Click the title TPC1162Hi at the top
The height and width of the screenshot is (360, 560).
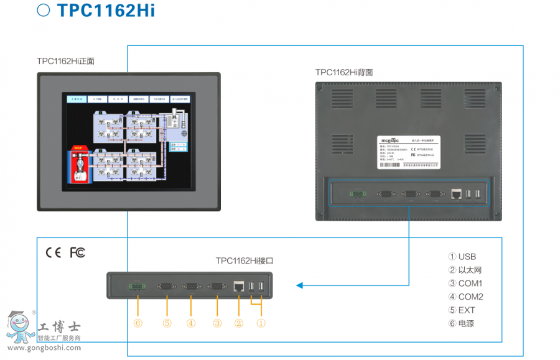click(105, 11)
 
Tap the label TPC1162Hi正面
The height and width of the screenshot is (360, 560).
click(65, 61)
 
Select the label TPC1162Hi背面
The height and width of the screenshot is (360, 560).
click(344, 72)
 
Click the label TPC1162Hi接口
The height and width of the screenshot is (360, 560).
click(245, 261)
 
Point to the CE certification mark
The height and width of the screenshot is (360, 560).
click(54, 252)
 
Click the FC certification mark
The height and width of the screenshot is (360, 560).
click(77, 252)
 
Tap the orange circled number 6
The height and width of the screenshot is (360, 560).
click(138, 323)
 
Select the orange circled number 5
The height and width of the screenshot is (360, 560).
click(167, 323)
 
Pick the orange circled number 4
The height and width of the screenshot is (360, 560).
click(191, 323)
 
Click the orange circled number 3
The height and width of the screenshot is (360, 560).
click(217, 323)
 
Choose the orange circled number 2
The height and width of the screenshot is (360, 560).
click(239, 323)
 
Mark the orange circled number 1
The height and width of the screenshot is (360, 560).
click(261, 323)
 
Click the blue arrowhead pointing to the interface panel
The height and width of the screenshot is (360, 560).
click(300, 285)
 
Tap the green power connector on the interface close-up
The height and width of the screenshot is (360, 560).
click(135, 286)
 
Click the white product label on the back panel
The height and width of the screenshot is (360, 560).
click(409, 152)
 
